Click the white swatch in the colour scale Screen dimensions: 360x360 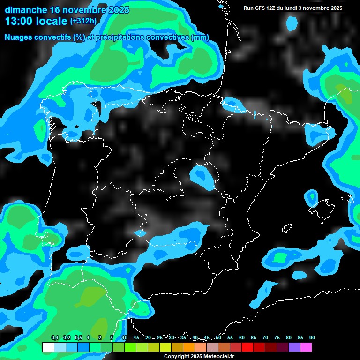pos(48,347)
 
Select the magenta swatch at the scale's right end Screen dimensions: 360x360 pos(306,347)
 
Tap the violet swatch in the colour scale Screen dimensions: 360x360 pos(294,347)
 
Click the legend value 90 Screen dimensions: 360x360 pos(312,338)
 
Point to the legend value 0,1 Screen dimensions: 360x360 pos(54,338)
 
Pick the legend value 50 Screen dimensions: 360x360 pos(218,338)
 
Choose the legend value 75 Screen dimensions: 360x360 pos(277,338)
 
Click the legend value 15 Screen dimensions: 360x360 pos(136,338)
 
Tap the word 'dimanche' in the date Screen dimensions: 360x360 pos(26,10)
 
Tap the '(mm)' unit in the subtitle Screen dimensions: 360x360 pos(200,37)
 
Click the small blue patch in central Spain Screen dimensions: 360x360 pos(202,177)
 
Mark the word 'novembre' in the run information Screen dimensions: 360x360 pos(316,8)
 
